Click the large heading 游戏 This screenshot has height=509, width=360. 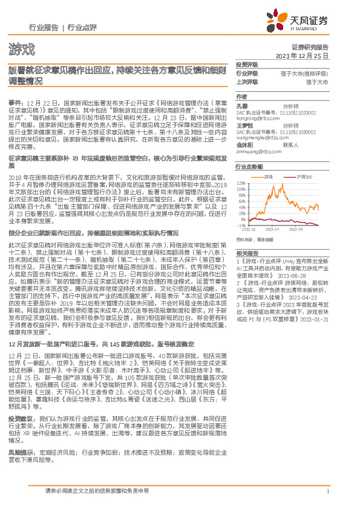22,48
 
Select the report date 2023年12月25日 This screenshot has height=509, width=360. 301,55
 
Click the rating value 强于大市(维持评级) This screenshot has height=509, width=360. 304,73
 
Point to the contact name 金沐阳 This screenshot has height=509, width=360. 244,145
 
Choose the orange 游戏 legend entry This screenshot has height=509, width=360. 266,177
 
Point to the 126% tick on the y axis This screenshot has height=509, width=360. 241,182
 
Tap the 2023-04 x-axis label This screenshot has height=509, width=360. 275,230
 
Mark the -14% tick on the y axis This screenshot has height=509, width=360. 241,225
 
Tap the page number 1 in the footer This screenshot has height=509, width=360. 327,492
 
